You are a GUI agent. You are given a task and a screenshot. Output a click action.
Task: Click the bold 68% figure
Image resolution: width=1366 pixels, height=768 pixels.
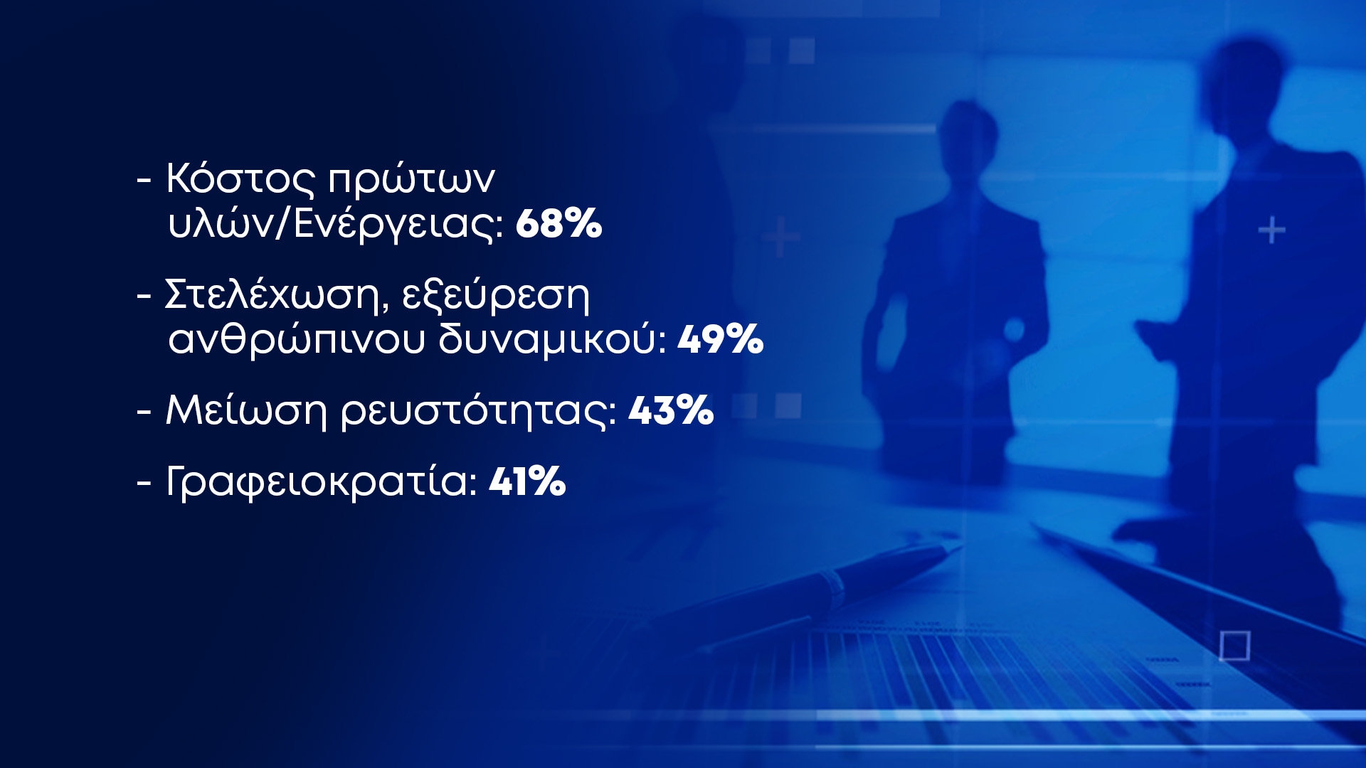tap(558, 223)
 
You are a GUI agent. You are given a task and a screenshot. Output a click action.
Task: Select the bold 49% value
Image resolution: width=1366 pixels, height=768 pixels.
tap(721, 339)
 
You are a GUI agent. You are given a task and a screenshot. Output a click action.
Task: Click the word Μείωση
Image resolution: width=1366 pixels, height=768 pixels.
tap(246, 411)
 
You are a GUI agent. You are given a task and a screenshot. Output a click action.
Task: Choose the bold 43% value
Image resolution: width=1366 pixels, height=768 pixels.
tap(671, 411)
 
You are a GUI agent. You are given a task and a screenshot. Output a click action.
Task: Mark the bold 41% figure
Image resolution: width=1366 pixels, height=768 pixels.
tap(527, 481)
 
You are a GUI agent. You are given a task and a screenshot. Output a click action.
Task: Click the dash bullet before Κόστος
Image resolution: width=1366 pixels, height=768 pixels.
tap(144, 181)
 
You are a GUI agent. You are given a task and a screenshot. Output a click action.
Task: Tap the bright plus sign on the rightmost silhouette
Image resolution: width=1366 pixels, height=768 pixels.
tap(1271, 231)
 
